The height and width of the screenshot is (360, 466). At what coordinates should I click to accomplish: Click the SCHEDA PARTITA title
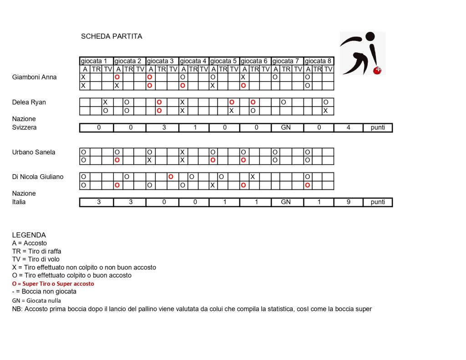[x=111, y=36]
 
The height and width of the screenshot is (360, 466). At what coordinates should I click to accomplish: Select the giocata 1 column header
[x=96, y=61]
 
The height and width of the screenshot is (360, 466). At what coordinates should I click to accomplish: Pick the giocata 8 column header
[x=319, y=61]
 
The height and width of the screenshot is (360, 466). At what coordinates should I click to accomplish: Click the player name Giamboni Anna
[x=35, y=77]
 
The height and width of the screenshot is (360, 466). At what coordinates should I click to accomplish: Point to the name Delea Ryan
[x=29, y=102]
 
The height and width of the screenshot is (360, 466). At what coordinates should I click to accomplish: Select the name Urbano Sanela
[x=34, y=152]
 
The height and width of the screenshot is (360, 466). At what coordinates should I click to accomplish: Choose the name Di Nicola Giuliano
[x=38, y=177]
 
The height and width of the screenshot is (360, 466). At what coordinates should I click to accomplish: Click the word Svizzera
[x=25, y=127]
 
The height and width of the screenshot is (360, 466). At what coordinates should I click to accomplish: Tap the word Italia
[x=19, y=202]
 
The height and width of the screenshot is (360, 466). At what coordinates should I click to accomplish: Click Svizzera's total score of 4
[x=348, y=127]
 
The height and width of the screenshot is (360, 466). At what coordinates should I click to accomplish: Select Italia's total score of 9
[x=348, y=202]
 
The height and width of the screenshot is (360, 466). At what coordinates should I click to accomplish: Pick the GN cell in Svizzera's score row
[x=286, y=127]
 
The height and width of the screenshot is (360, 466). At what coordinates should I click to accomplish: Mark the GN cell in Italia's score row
[x=286, y=202]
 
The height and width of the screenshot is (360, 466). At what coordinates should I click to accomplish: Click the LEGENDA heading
[x=29, y=235]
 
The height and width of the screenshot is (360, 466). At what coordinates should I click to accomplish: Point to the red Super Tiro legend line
[x=53, y=284]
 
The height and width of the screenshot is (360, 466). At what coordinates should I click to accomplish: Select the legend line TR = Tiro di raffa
[x=37, y=251]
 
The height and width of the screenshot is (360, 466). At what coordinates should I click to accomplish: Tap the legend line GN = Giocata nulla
[x=36, y=300]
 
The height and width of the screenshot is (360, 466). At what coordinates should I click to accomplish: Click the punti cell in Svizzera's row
[x=378, y=127]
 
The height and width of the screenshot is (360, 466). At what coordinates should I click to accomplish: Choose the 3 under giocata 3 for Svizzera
[x=163, y=127]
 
